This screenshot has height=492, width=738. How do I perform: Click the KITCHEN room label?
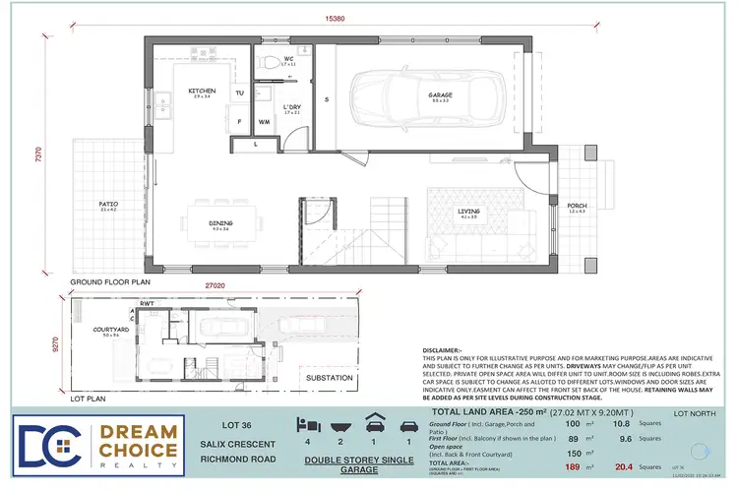pyautogui.click(x=202, y=91)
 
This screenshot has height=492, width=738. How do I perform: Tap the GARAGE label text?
pyautogui.click(x=439, y=95)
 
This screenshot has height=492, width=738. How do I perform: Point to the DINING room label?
pyautogui.click(x=220, y=223)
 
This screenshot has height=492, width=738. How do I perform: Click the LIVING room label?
pyautogui.click(x=468, y=211)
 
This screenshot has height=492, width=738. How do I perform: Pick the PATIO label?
pyautogui.click(x=108, y=205)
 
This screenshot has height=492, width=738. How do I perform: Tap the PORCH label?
pyautogui.click(x=576, y=206)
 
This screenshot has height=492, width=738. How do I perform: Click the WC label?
pyautogui.click(x=289, y=58)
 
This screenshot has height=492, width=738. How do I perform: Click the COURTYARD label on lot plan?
pyautogui.click(x=92, y=331)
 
